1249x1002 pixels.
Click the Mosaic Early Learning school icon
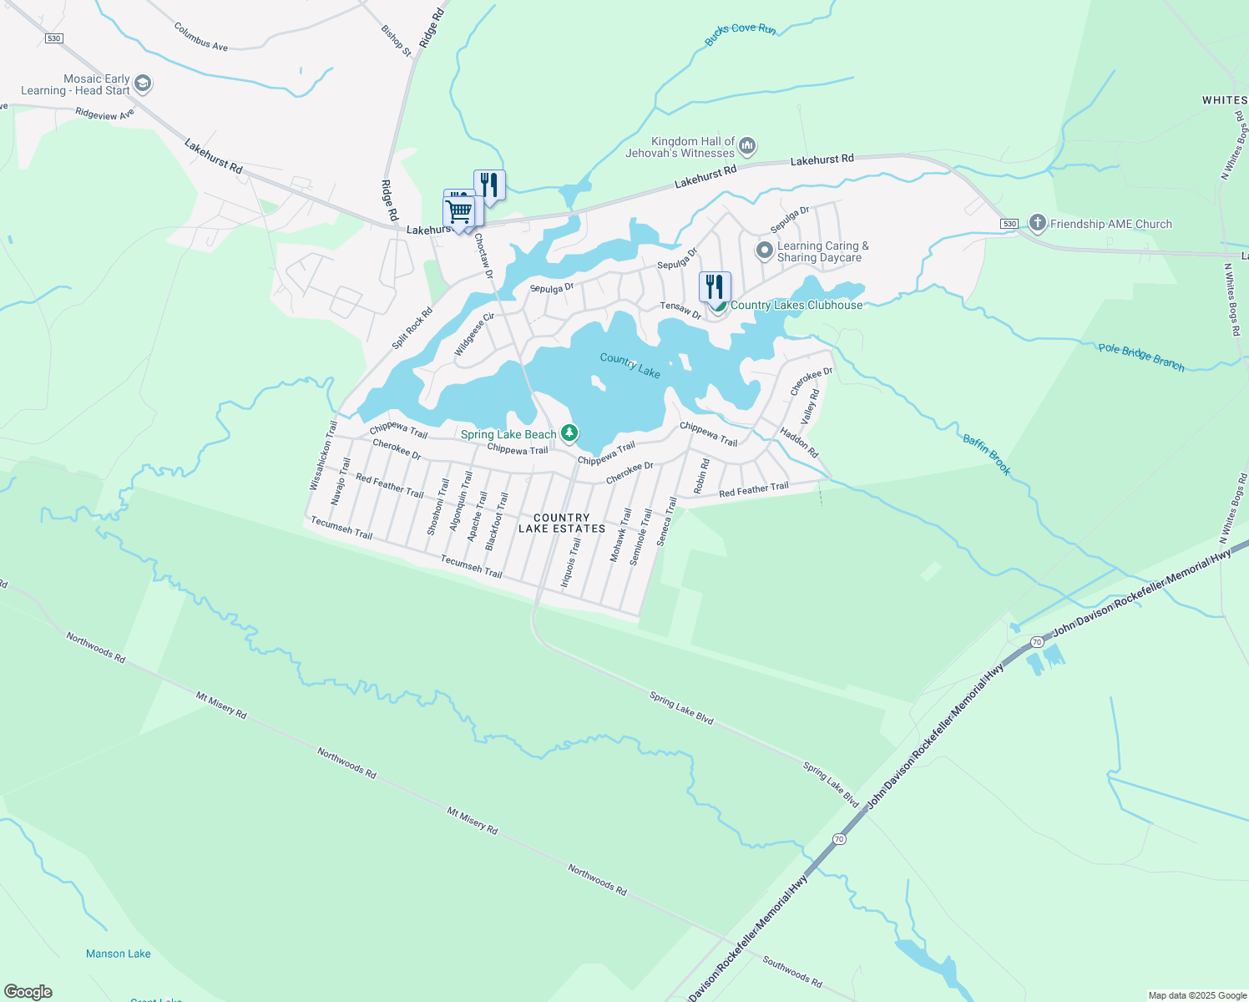coord(143,83)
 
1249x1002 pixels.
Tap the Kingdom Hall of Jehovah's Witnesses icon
coord(747,147)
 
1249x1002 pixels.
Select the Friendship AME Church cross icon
coord(1037,223)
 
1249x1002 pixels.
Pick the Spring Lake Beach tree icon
coord(569,433)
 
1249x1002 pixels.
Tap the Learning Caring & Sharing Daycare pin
coord(764,250)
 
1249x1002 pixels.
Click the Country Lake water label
coord(630,365)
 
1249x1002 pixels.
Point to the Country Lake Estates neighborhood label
coord(561,523)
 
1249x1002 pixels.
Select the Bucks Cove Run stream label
coord(740,33)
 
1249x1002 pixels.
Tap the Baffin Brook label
coord(987,454)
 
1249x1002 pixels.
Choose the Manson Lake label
coord(119,954)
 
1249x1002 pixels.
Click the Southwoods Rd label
coord(792,972)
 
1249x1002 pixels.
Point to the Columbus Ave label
coord(200,36)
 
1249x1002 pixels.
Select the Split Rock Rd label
coord(412,328)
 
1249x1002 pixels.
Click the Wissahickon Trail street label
coord(322,455)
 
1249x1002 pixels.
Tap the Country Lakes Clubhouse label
coord(796,306)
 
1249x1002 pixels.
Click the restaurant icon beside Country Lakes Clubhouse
coord(715,286)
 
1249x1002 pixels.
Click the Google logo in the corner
coord(28,992)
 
